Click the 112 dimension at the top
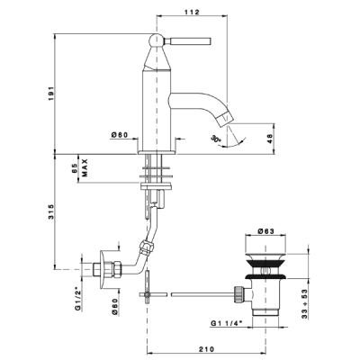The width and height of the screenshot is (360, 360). coord(193,12)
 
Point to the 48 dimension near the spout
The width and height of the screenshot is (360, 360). coord(269,139)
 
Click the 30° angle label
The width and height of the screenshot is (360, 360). coord(216,139)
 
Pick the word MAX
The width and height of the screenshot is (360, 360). coord(85,167)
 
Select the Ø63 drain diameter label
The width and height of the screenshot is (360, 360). coord(265,231)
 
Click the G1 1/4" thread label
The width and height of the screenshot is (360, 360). coord(227,323)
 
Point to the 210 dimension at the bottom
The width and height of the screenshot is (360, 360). coord(207,349)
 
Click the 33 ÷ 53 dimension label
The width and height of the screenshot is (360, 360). coord(304,304)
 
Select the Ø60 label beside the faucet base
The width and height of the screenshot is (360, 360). coord(120,135)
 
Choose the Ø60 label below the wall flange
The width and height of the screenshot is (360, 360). coord(115,307)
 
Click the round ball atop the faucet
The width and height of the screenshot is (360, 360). coord(157,40)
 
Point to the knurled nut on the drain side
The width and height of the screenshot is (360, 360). coord(238,294)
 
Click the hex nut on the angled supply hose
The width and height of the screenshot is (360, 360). coord(148,247)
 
